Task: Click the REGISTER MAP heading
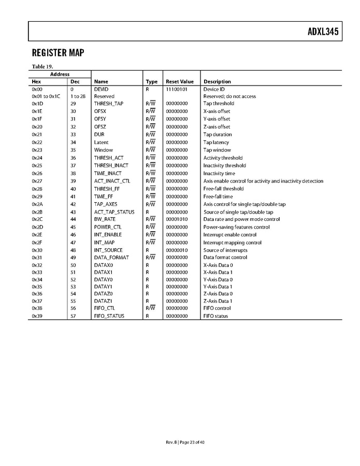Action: click(x=57, y=53)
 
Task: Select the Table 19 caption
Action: click(x=42, y=66)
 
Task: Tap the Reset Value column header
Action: click(x=179, y=82)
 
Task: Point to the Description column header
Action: click(x=217, y=82)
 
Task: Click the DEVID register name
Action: click(x=101, y=89)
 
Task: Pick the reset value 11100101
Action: click(x=177, y=89)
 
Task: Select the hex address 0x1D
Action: click(x=37, y=104)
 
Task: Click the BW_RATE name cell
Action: click(x=105, y=219)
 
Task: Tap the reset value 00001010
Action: click(x=177, y=219)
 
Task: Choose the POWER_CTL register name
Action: click(x=108, y=227)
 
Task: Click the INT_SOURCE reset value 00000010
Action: click(x=177, y=250)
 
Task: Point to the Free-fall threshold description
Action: click(x=223, y=189)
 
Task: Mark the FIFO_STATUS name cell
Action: click(x=109, y=316)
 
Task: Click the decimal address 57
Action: click(x=73, y=316)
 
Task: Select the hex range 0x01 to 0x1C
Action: click(x=46, y=96)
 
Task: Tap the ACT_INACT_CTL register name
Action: click(x=112, y=181)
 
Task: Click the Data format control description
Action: click(x=225, y=258)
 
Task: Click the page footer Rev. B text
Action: click(x=171, y=442)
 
